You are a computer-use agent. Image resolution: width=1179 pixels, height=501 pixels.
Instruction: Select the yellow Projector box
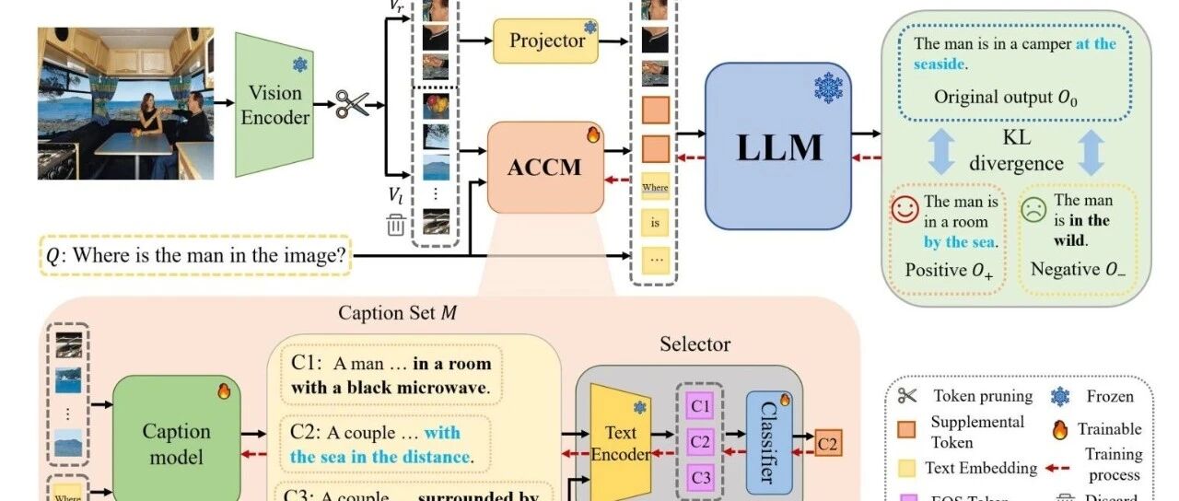coord(546,41)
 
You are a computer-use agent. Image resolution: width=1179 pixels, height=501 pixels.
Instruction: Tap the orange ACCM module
coord(543,169)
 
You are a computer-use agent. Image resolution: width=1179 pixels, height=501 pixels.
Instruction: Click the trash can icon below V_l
coord(396,224)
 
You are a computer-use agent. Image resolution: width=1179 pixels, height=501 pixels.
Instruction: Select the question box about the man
coord(196,255)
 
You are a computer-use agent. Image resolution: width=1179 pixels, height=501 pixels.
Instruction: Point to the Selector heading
coord(695,344)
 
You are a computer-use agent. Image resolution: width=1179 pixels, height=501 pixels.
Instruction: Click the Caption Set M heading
coord(397,312)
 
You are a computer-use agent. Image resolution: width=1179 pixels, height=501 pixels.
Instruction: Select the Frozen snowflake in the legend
coord(1060,397)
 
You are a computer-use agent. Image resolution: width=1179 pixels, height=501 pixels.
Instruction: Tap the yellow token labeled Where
coord(655,188)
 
